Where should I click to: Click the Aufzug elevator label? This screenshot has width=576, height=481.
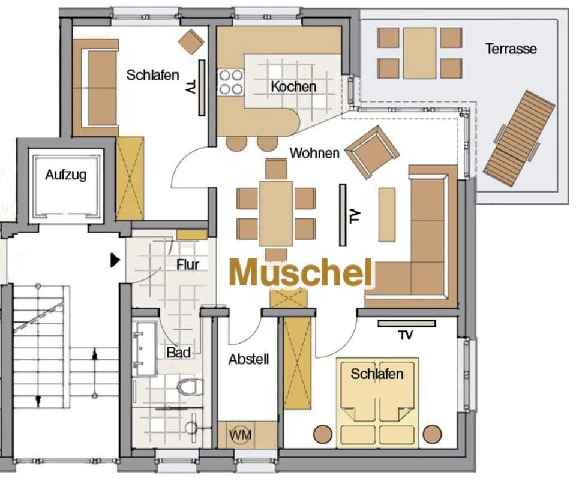[x=66, y=175]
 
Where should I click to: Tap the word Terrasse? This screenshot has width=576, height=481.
[x=511, y=49]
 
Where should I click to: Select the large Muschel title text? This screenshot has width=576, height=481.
[x=301, y=273]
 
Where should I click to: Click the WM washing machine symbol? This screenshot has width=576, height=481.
[x=239, y=433]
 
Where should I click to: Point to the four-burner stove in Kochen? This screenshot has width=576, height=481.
[x=230, y=82]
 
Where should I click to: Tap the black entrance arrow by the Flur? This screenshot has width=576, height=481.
[x=115, y=260]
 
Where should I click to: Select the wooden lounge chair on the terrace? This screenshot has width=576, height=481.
[x=519, y=138]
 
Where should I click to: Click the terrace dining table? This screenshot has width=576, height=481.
[x=419, y=53]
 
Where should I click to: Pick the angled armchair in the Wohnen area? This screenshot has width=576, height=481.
[x=372, y=152]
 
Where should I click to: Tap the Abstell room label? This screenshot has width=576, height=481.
[x=248, y=359]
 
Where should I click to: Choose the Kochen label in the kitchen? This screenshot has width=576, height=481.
[x=293, y=86]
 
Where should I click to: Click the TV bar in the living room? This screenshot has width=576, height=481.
[x=343, y=215]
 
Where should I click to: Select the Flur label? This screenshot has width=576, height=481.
[x=187, y=264]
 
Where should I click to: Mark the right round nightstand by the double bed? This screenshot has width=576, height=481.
[x=432, y=433]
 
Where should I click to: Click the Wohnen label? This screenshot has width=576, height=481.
[x=314, y=153]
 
